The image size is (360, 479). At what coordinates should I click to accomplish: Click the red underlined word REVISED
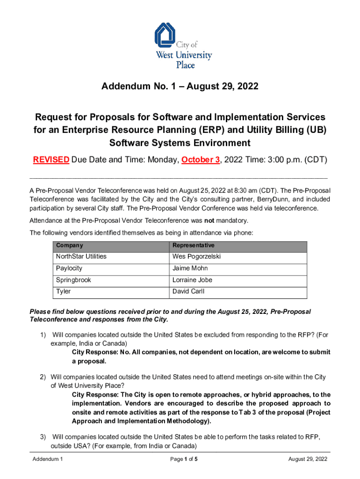click(51, 160)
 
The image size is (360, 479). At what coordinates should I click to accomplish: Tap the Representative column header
click(193, 246)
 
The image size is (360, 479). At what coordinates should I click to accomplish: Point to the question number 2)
click(43, 377)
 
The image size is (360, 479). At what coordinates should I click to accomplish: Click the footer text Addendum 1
click(48, 459)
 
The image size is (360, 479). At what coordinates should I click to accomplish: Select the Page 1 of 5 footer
click(184, 459)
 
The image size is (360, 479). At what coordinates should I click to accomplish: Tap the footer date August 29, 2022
click(308, 459)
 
